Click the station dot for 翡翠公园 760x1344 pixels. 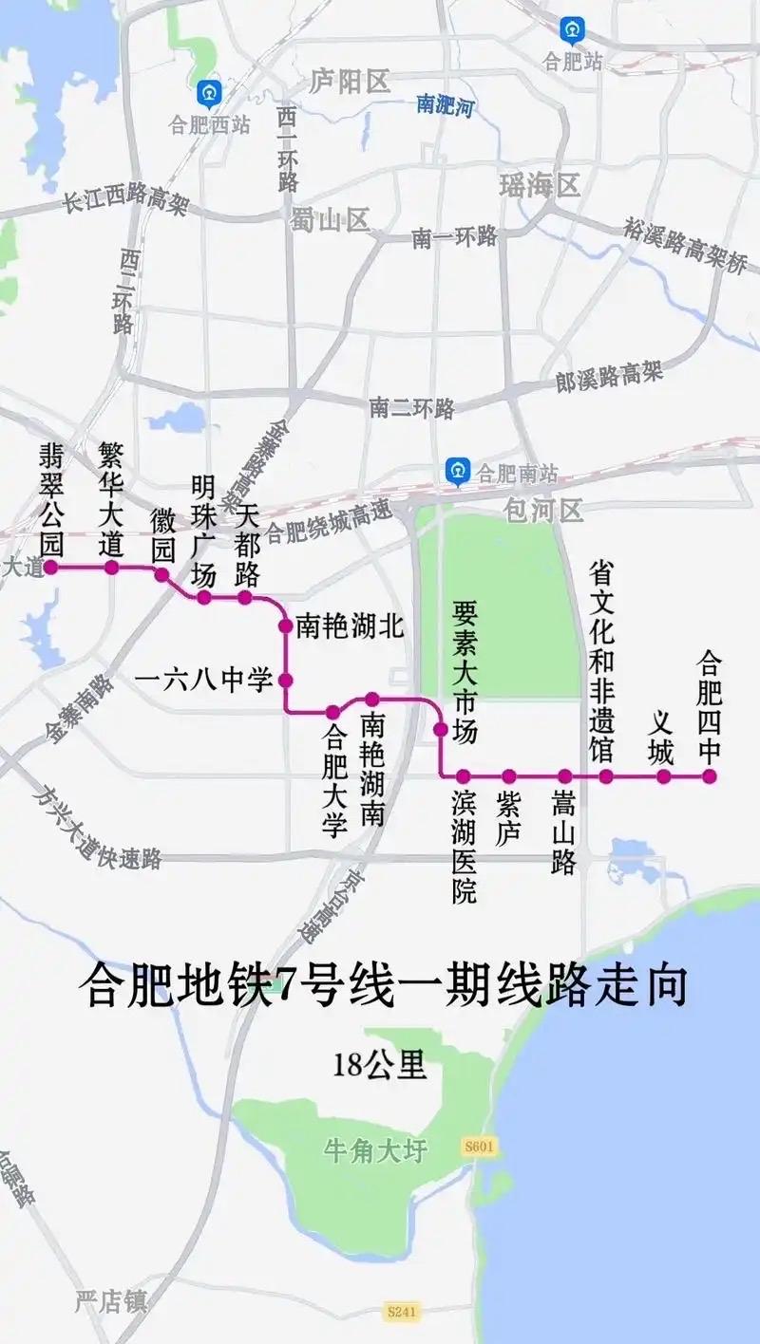click(51, 568)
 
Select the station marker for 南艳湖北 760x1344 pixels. click(284, 625)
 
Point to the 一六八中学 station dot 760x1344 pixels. click(284, 680)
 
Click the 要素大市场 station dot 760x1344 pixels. click(441, 729)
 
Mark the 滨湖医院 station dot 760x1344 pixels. click(463, 776)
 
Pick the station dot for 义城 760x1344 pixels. click(664, 776)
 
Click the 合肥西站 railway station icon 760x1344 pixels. click(208, 94)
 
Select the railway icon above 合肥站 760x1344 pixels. click(572, 30)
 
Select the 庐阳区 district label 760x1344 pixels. click(351, 82)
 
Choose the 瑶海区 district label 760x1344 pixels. click(540, 185)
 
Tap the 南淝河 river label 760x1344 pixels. click(445, 105)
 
